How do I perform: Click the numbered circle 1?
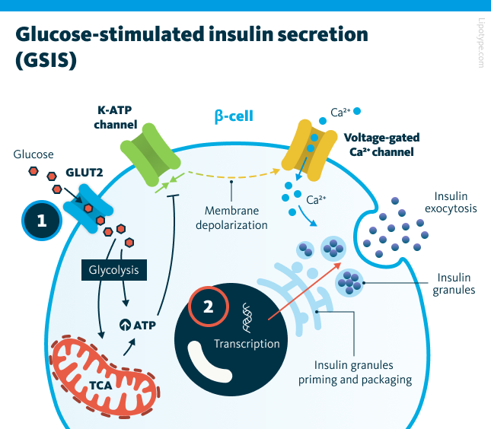click(42, 221)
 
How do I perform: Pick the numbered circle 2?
click(207, 307)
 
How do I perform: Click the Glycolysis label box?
click(113, 269)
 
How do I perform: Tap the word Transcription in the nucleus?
click(247, 343)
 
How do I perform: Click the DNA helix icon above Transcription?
click(247, 316)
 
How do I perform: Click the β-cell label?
click(233, 116)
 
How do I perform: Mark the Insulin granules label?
click(454, 283)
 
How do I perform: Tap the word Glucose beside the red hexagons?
click(33, 154)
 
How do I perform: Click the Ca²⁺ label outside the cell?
click(340, 113)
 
